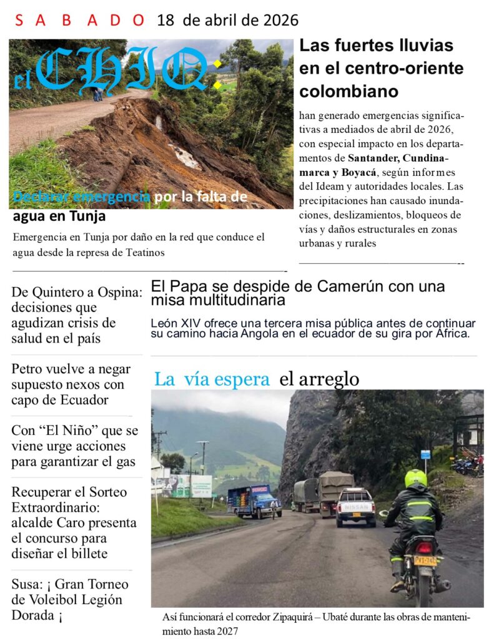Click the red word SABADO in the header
[x=79, y=21]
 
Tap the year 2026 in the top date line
[x=277, y=21]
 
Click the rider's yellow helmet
[x=416, y=479]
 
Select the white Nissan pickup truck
[x=355, y=507]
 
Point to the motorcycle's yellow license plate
[x=425, y=560]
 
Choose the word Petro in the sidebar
[x=29, y=369]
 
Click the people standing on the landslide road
[x=98, y=94]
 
